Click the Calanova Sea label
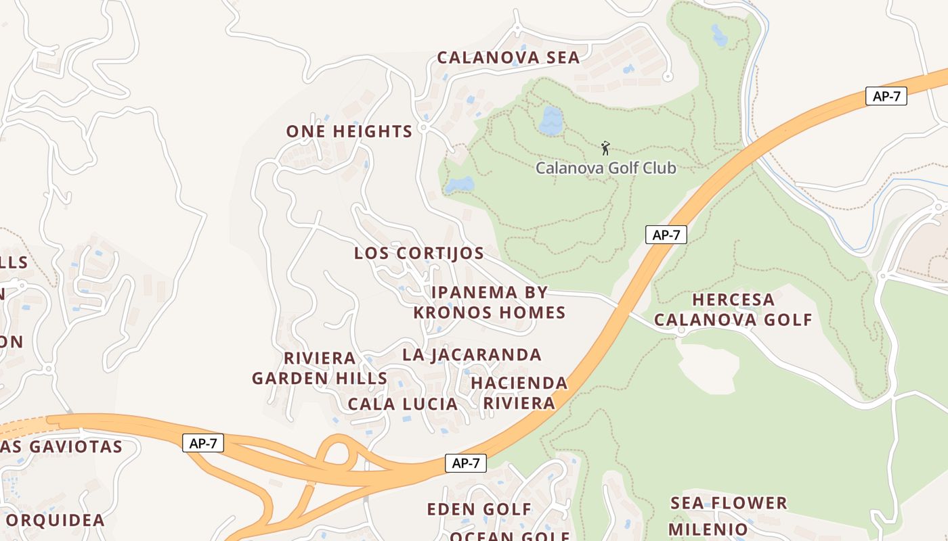click(x=508, y=57)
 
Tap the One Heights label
click(x=349, y=131)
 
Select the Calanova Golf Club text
click(x=606, y=168)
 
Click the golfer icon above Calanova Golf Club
click(x=605, y=148)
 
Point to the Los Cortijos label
click(x=419, y=253)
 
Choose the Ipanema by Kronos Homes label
click(x=489, y=302)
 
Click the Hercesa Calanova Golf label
click(x=733, y=309)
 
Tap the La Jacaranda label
click(x=472, y=354)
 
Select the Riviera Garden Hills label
click(x=320, y=368)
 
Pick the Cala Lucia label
click(x=402, y=404)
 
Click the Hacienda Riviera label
click(x=519, y=393)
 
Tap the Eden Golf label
click(x=479, y=509)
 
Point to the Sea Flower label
click(x=729, y=503)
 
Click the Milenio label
click(x=708, y=528)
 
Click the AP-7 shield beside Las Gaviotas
click(x=203, y=444)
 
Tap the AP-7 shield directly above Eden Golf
click(x=466, y=463)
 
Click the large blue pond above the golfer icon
click(x=551, y=120)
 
